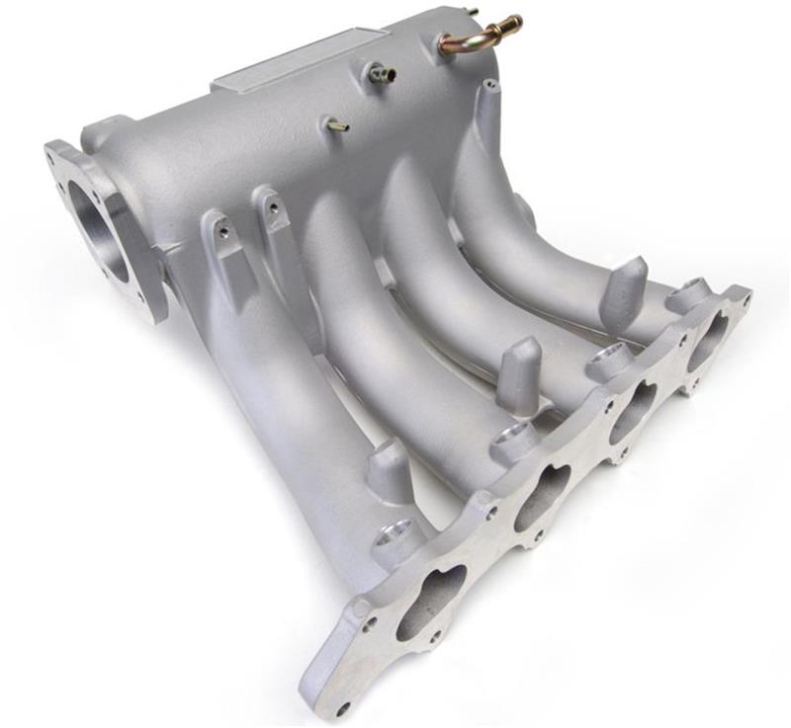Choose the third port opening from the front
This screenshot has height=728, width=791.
(633, 411)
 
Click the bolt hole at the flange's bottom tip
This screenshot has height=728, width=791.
(342, 707)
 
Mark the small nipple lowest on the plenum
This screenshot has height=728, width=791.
(337, 125)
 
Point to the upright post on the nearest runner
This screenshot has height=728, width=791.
(390, 472)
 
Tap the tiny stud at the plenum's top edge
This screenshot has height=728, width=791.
(471, 12)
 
